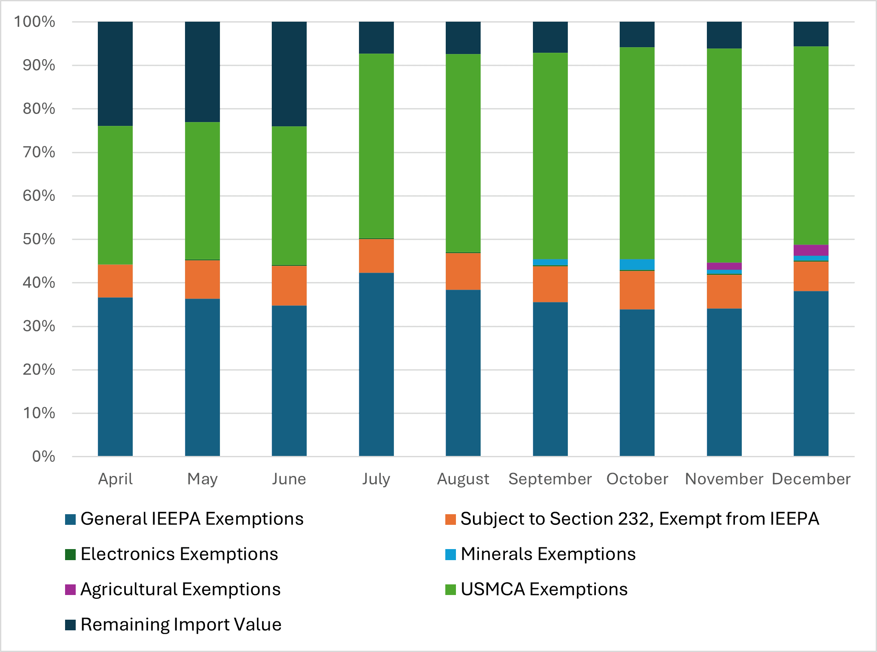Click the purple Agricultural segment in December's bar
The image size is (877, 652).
point(811,250)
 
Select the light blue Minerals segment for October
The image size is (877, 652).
point(637,265)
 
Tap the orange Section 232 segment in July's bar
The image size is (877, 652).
point(376,256)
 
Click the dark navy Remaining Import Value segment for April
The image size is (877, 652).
point(115,74)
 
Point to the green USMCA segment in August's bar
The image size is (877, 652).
point(463,153)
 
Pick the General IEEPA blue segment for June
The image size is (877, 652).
point(289,381)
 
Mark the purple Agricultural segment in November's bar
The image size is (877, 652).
point(724,266)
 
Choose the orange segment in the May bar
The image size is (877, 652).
point(202,279)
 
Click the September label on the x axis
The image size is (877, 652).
point(550,479)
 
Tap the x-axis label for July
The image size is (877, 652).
point(376,479)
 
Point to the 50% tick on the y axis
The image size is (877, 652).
point(39,239)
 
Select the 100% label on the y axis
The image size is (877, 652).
point(34,22)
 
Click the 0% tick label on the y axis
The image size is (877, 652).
point(43,456)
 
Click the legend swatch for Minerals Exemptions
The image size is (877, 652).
point(450,555)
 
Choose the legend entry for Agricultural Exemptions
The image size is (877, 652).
point(180,589)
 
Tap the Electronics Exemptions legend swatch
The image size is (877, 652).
point(70,555)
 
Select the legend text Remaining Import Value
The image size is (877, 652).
point(181,625)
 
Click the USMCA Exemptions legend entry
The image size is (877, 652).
point(544,589)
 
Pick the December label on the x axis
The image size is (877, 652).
point(811,479)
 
